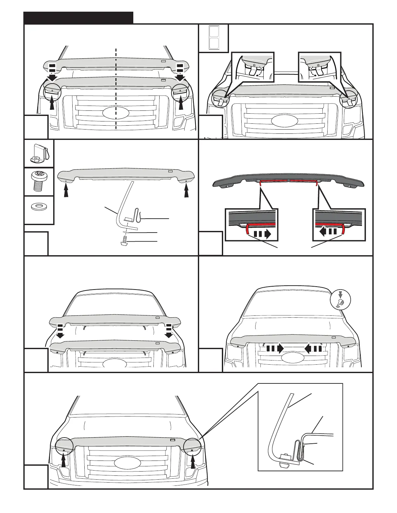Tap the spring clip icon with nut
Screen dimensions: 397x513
(x=39, y=154)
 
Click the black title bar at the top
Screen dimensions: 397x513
(x=78, y=18)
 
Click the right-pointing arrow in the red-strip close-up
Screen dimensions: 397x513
(x=262, y=234)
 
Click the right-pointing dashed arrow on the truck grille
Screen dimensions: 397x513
(x=274, y=349)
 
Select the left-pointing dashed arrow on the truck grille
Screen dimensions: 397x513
(x=313, y=349)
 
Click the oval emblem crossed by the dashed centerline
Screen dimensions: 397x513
(x=115, y=113)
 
